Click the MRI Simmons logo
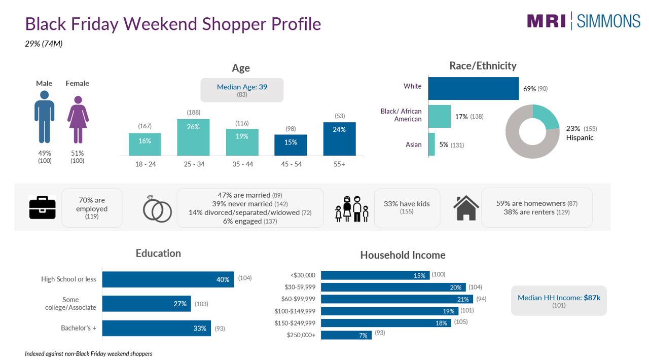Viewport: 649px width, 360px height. pos(584,21)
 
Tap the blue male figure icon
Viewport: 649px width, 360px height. pos(44,117)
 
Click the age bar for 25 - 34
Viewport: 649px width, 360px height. pos(193,137)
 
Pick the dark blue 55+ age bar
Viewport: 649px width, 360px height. pos(339,139)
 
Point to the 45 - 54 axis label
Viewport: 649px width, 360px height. pos(291,164)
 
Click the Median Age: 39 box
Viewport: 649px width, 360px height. pos(242,90)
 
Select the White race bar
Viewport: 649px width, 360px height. pos(473,88)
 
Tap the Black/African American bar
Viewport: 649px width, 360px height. pos(439,116)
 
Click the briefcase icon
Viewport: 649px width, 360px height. pos(42,208)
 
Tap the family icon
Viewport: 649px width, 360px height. pos(352,209)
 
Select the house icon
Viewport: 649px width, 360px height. pos(466,208)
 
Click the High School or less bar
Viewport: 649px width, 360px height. pos(168,279)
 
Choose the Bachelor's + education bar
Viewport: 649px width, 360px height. pos(157,328)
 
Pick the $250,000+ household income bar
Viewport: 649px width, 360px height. pos(346,335)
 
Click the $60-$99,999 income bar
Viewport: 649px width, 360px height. pos(396,299)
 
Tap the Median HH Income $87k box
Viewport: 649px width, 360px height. pos(559,301)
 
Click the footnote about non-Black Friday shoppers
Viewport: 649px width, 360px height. pos(88,354)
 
